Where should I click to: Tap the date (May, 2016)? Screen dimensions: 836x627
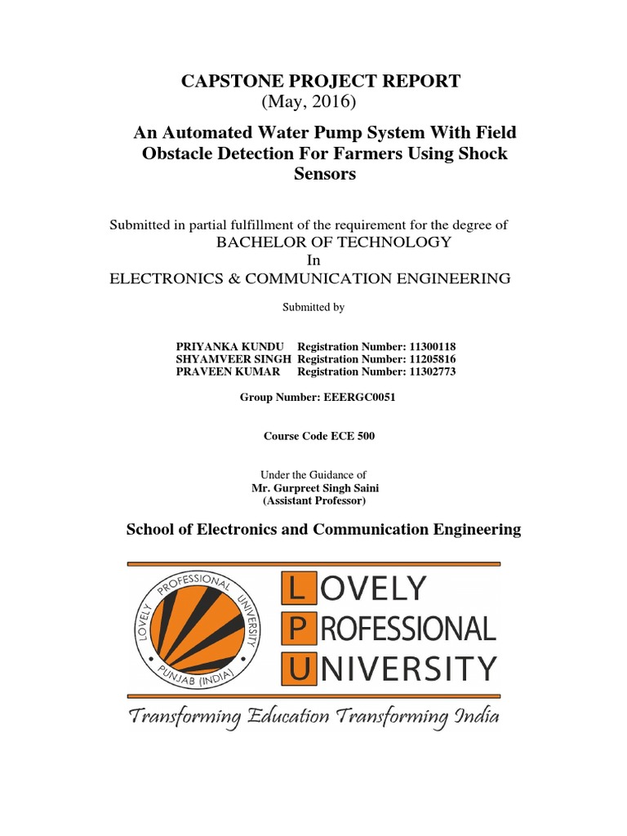point(309,101)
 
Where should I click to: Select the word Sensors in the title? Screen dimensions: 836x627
point(324,174)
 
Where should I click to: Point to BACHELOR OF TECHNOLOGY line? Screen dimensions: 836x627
point(333,242)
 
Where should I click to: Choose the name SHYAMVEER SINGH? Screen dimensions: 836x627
point(234,359)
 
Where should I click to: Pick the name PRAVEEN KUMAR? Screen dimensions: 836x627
point(228,371)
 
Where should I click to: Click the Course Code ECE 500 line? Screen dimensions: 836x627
point(319,436)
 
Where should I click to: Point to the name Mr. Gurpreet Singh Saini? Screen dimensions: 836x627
point(315,488)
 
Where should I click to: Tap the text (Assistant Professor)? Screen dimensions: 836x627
point(314,500)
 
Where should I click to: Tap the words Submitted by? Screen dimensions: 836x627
point(313,308)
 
